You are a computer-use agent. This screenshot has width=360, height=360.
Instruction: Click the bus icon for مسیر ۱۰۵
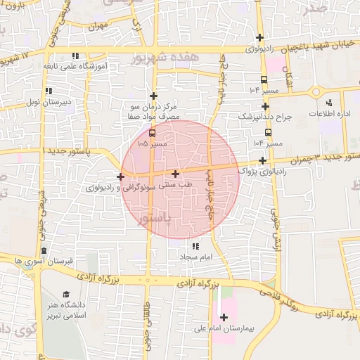pos(153,133)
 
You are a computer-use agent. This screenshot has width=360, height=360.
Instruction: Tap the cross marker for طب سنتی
pos(175,173)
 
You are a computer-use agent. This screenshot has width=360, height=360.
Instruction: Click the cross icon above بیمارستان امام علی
pos(224,317)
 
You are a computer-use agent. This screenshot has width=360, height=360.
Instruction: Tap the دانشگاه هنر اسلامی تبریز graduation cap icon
pos(66,295)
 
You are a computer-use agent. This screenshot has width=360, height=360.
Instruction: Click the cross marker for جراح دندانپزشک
pos(265,106)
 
